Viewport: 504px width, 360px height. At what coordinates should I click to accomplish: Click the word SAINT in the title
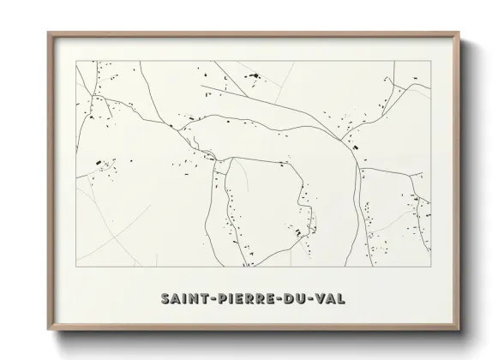click(186, 298)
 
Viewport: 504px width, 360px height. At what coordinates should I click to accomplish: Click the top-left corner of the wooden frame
click(48, 33)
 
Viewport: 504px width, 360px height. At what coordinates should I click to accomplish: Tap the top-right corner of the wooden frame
click(459, 33)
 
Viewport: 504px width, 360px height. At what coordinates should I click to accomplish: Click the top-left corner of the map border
click(76, 61)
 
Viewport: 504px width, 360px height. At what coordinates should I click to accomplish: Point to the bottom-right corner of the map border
click(430, 267)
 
